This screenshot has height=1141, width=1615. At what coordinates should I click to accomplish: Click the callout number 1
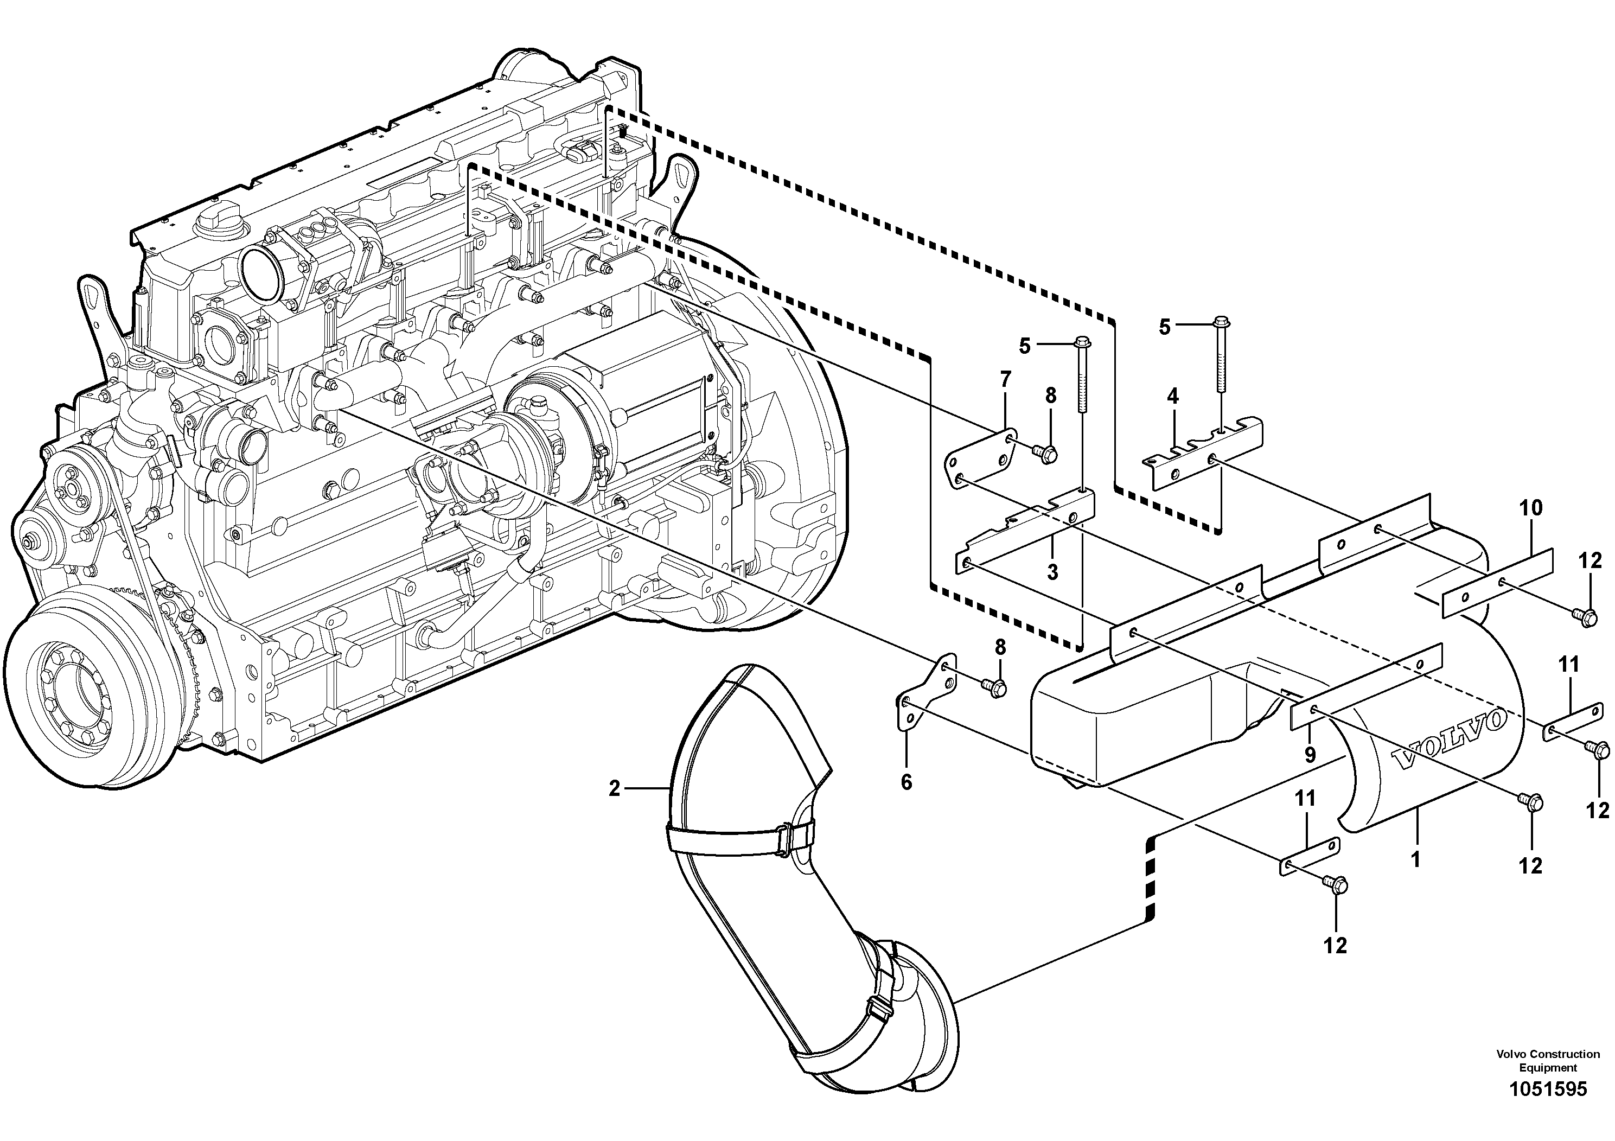pyautogui.click(x=1416, y=859)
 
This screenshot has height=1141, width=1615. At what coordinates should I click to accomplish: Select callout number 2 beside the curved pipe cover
pyautogui.click(x=614, y=789)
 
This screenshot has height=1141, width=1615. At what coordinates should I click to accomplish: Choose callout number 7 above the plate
pyautogui.click(x=1005, y=380)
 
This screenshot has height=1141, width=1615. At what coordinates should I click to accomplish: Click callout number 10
pyautogui.click(x=1531, y=508)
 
